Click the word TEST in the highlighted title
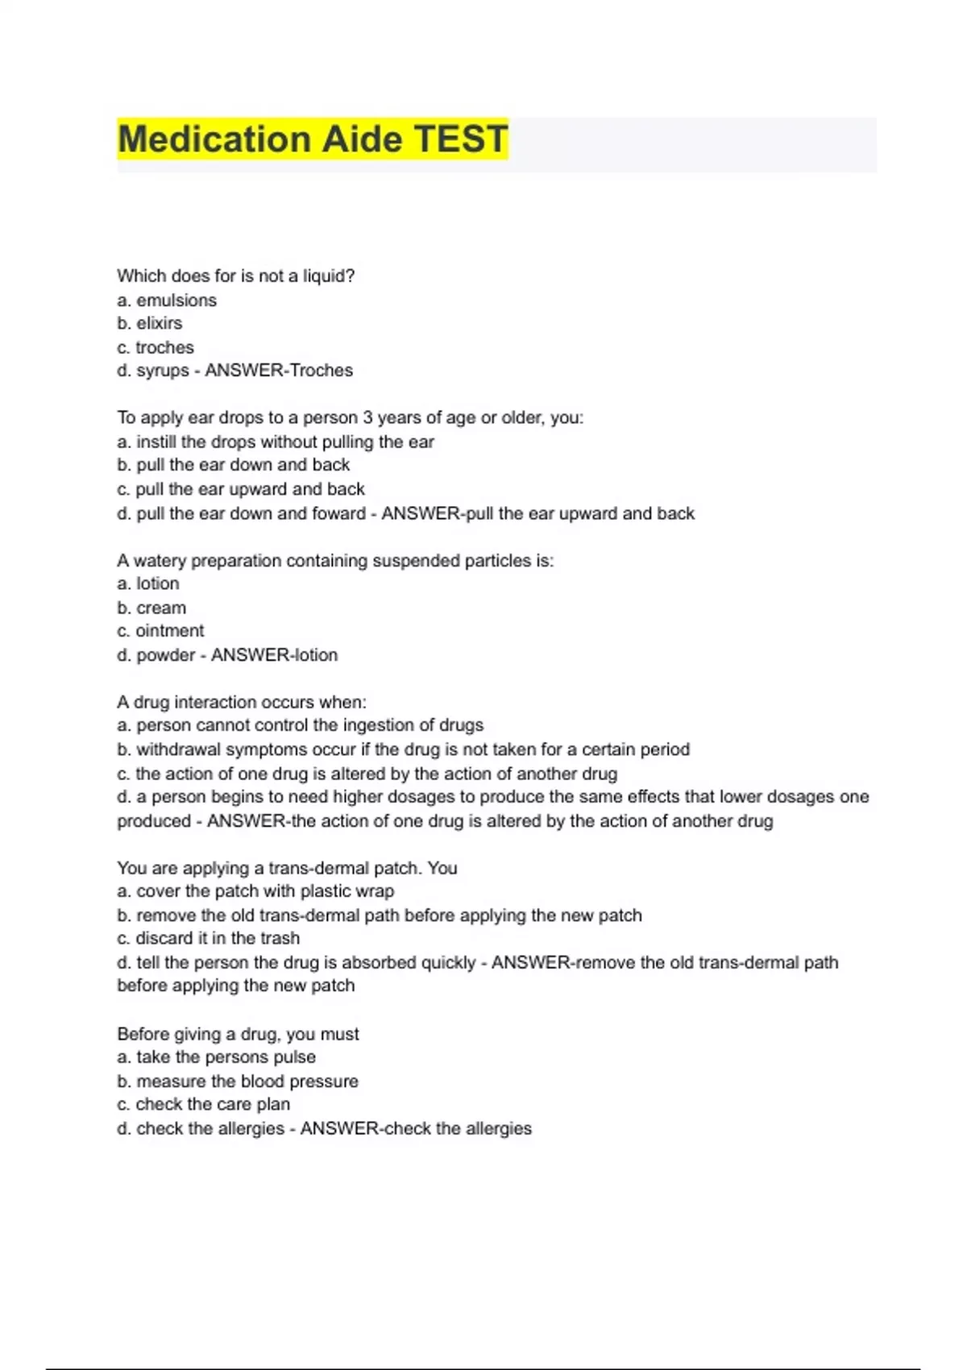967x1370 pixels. (x=461, y=139)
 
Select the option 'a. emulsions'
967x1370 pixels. (x=167, y=301)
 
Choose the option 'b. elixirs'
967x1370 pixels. (x=150, y=323)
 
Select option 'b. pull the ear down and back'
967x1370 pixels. (x=234, y=465)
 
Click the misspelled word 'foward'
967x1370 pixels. (x=338, y=513)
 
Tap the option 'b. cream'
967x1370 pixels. (x=151, y=608)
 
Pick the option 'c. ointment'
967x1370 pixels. (x=160, y=631)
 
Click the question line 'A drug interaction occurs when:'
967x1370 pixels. (x=242, y=702)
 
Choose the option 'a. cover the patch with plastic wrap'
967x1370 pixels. (x=255, y=891)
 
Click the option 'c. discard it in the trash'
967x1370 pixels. (x=208, y=938)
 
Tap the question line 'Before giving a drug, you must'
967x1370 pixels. (x=238, y=1034)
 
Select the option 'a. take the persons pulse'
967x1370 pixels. (x=216, y=1057)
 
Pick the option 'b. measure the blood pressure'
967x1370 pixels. (x=238, y=1081)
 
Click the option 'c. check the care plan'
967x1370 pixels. (x=203, y=1105)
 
